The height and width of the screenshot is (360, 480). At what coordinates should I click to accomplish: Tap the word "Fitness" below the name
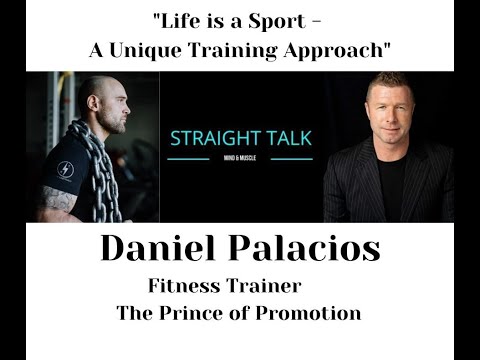coord(188,284)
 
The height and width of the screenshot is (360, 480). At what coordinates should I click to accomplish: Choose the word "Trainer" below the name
coord(268,284)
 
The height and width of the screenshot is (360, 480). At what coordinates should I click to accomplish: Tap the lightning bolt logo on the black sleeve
coord(66,169)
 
